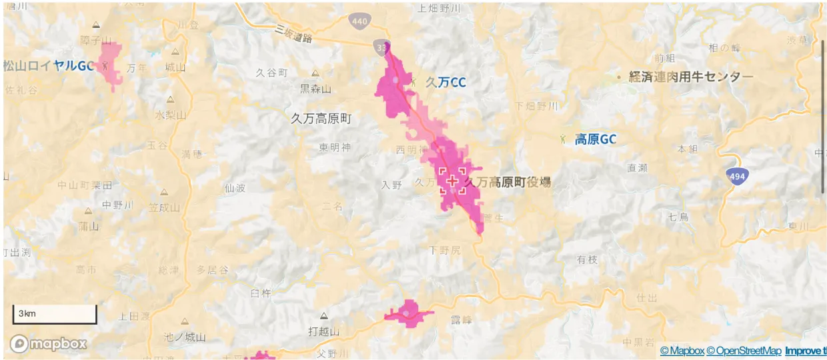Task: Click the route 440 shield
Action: tap(359, 21)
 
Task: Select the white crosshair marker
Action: tap(453, 181)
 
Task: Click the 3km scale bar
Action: tap(55, 314)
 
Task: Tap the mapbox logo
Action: tap(48, 344)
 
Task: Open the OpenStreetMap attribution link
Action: tap(744, 351)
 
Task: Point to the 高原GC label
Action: tap(595, 139)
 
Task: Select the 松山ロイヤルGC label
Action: tap(48, 66)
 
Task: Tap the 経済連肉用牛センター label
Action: tap(691, 77)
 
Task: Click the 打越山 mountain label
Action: tap(324, 331)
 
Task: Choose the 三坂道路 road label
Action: tap(294, 34)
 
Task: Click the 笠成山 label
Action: tap(164, 207)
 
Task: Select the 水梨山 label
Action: tap(170, 115)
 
